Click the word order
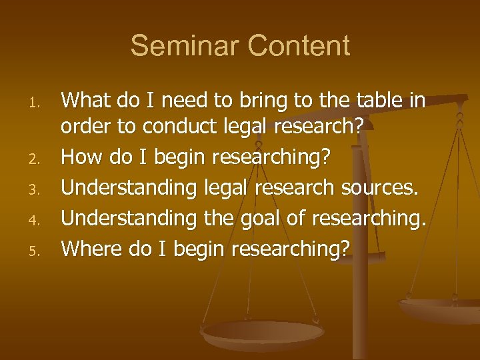83,127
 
